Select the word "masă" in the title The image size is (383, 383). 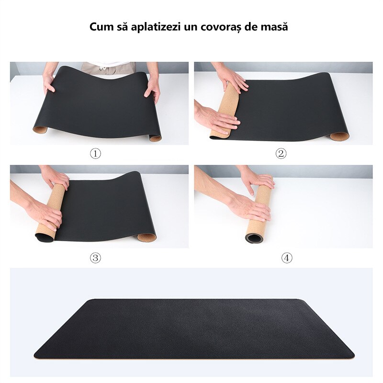[275, 27]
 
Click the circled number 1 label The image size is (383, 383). [96, 154]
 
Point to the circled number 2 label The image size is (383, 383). [281, 154]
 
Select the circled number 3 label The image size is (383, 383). [96, 258]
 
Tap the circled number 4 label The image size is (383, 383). [286, 258]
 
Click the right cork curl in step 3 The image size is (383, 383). [146, 237]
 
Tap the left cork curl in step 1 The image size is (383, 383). [41, 129]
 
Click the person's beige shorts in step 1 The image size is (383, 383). [108, 68]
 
